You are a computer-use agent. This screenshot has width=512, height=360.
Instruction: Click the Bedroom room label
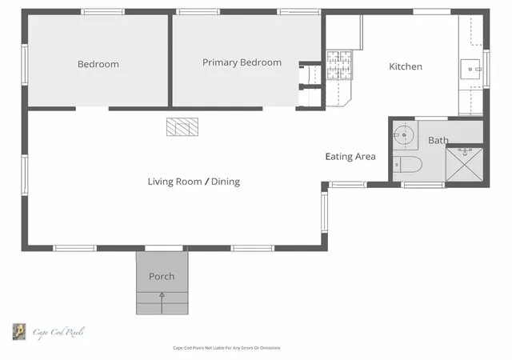pos(98,64)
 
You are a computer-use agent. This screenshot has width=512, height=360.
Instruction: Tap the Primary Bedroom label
pos(242,62)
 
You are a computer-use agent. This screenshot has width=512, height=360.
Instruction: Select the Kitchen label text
pos(406,66)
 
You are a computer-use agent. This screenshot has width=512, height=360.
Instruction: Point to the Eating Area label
pos(350,157)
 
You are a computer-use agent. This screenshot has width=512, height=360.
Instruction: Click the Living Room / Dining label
pos(194,182)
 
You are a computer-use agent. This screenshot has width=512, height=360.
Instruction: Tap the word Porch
pos(162,276)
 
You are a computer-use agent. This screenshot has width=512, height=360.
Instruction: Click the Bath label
pos(438,140)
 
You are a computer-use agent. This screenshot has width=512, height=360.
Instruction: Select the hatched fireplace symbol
pos(182,126)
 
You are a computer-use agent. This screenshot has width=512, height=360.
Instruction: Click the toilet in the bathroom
pos(407,164)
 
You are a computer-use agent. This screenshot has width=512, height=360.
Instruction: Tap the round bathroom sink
pos(404,134)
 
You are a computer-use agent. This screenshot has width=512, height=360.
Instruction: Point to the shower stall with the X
pos(464,164)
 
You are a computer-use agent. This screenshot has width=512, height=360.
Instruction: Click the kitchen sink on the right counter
pos(470,69)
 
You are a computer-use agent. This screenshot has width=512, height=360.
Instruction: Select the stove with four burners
pos(339,65)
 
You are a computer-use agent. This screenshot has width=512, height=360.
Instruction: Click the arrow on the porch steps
pos(162,303)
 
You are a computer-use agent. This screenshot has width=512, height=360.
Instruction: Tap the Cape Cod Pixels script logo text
pos(58,333)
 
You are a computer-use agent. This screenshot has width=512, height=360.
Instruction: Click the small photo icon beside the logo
pos(19,331)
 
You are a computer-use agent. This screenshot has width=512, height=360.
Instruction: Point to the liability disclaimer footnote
pos(226,348)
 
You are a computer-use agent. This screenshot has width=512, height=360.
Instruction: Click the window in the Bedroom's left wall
pos(25,65)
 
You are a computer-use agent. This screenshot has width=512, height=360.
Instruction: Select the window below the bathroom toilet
pos(423,185)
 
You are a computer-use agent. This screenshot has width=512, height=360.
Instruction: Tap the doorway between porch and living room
pos(164,249)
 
